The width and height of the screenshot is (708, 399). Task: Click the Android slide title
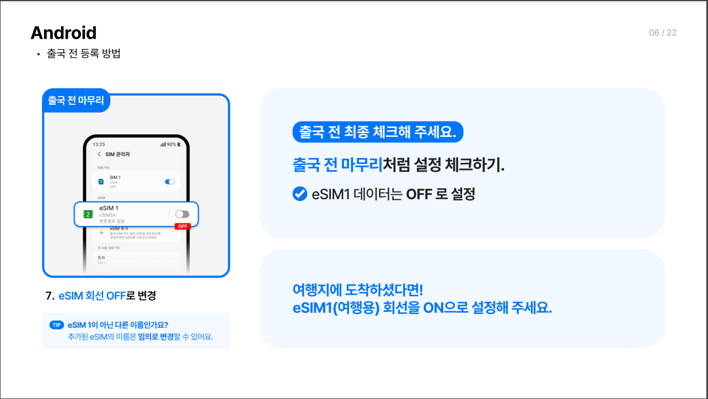63,33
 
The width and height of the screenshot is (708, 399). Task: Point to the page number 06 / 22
662,33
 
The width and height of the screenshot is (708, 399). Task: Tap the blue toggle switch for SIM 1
170,182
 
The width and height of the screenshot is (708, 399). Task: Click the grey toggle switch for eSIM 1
182,214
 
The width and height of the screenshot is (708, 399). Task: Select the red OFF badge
182,226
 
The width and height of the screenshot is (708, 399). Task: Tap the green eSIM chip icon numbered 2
87,214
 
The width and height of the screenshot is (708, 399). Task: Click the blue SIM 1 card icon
101,182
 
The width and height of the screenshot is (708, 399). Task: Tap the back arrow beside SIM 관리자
99,154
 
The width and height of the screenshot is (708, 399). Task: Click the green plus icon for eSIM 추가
101,233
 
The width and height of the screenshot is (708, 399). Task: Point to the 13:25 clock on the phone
99,144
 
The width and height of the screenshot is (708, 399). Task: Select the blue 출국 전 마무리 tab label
76,101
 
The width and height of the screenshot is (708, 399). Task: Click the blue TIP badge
57,325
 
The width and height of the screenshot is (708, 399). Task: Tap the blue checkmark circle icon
299,194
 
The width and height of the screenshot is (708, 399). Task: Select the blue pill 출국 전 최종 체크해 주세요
378,132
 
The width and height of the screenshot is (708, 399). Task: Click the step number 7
49,296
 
